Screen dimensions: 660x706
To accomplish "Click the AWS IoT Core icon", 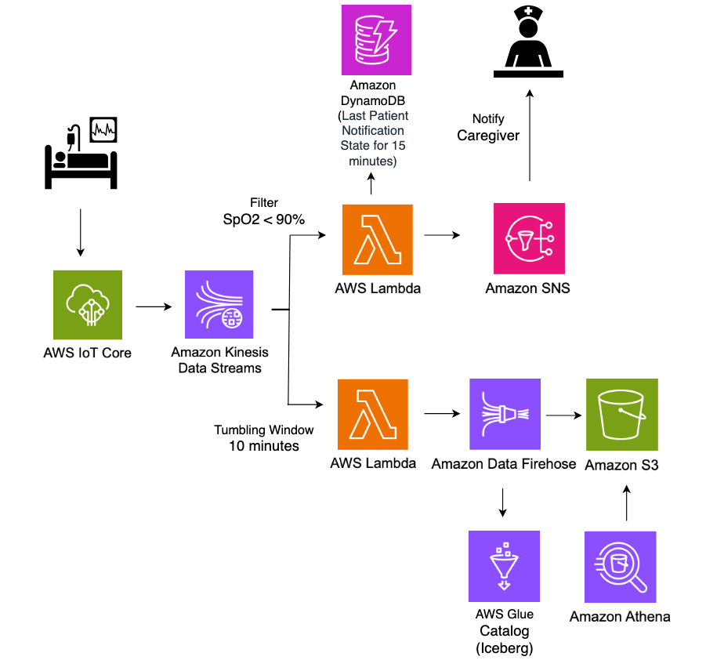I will pos(88,305).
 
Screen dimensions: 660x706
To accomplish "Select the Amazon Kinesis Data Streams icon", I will pos(219,305).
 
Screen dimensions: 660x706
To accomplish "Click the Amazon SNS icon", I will pos(529,238).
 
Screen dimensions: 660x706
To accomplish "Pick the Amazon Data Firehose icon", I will pos(505,414).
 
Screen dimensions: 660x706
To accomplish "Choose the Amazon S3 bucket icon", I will pos(622,414).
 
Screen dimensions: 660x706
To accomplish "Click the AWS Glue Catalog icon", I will pos(504,566).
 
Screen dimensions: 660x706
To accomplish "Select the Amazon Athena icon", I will pos(621,566).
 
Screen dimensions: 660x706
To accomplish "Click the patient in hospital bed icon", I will pos(80,154).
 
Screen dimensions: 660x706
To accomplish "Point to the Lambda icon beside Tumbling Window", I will pos(373,414).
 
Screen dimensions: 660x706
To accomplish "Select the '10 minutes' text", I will pos(264,446).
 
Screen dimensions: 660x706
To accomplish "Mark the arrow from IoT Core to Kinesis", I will pos(154,306).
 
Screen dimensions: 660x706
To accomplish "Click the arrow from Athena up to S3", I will pos(626,502).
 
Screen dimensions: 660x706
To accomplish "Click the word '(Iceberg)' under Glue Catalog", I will pos(503,647).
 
